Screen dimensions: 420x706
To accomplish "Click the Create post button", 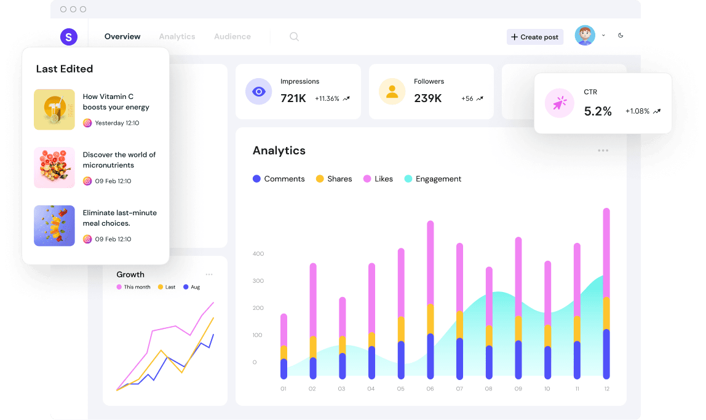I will (534, 37).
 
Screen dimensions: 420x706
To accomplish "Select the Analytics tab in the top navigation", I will (177, 36).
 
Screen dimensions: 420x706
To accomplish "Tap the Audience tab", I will (232, 36).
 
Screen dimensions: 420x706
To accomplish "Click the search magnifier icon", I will (294, 37).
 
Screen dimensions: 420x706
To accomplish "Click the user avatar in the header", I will (585, 36).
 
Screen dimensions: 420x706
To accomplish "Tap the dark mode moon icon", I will (621, 36).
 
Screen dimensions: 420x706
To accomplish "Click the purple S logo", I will (69, 37).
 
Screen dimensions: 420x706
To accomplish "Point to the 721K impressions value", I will (293, 98).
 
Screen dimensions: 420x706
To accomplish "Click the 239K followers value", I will (427, 98).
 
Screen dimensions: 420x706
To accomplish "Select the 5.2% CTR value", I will (598, 111).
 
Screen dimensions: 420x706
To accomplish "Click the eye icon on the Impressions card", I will (259, 92).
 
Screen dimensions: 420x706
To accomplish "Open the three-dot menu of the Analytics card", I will (603, 151).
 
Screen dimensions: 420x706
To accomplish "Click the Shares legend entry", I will (334, 179).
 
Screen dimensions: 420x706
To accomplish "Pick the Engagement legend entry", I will (432, 179).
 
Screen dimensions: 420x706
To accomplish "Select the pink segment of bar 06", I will (430, 262).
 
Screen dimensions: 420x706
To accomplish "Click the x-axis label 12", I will (606, 389).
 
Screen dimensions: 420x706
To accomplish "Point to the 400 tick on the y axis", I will (258, 253).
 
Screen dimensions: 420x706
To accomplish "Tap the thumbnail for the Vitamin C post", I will (54, 109).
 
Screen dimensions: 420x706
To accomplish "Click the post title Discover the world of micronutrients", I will (119, 160).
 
